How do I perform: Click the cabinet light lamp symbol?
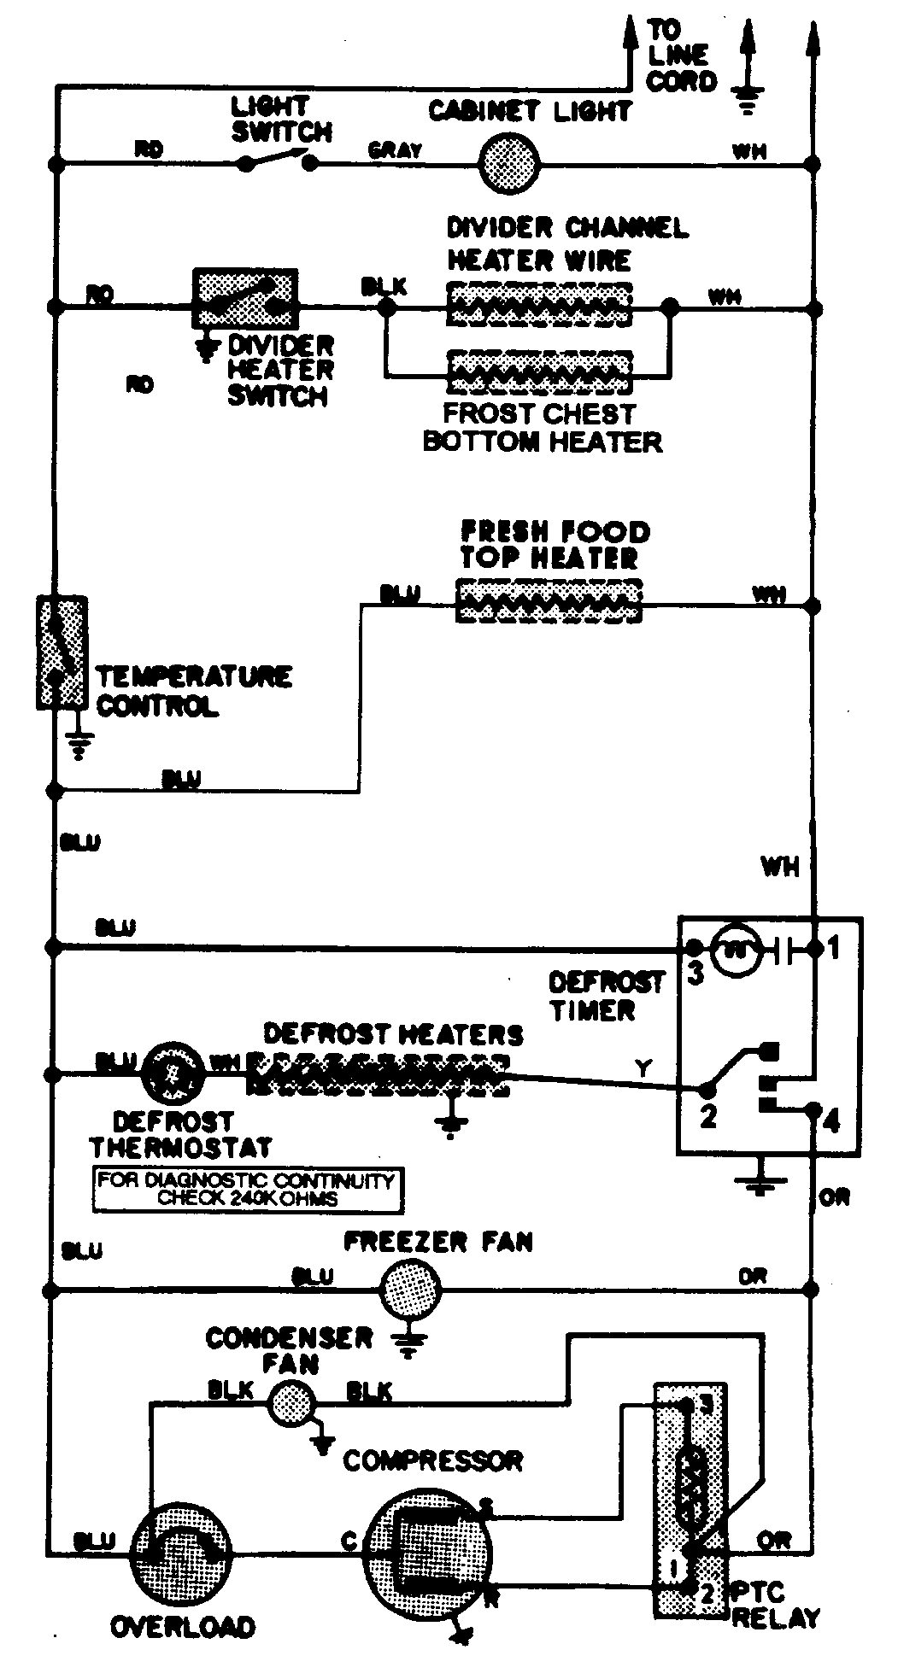pos(508,164)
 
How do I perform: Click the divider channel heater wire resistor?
pos(538,304)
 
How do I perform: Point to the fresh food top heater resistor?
pos(549,601)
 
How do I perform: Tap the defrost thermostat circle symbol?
pos(173,1073)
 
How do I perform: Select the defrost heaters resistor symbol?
pos(378,1074)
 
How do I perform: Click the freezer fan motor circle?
pos(410,1290)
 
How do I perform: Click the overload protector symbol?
pos(181,1551)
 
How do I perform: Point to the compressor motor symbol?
pos(426,1548)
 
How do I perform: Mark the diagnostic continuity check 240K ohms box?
pos(248,1189)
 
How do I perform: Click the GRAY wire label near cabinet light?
pos(395,151)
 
